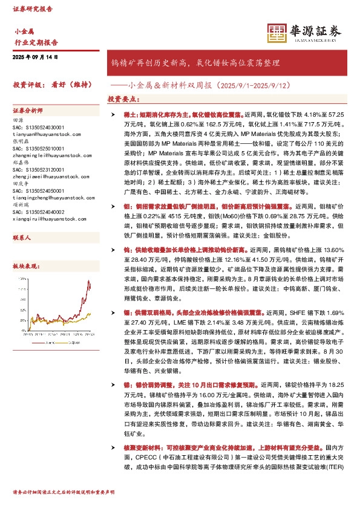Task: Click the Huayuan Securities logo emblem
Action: pos(277,30)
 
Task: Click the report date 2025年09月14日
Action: pos(35,57)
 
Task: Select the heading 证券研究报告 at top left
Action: pos(33,10)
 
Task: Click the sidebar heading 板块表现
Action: pos(25,266)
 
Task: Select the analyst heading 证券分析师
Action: pos(28,111)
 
